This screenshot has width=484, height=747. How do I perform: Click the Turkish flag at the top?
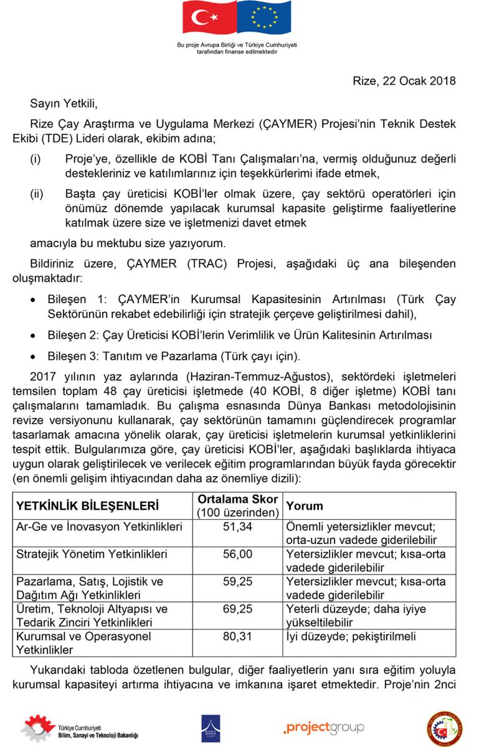(x=209, y=19)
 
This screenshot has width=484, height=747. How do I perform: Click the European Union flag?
(x=264, y=19)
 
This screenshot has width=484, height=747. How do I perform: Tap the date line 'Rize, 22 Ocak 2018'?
(x=404, y=81)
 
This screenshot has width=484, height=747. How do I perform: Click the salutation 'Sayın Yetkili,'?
(x=64, y=103)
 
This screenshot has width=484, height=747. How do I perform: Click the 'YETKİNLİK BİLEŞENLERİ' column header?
(x=88, y=505)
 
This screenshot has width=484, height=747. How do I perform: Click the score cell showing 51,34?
(x=237, y=527)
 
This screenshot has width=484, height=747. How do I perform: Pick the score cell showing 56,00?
(x=237, y=554)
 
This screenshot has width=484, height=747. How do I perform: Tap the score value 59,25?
(x=237, y=581)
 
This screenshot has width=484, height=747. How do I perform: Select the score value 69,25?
(x=237, y=609)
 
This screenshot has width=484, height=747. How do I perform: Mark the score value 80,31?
(x=237, y=636)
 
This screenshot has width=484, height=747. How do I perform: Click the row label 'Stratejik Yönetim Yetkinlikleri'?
(x=92, y=554)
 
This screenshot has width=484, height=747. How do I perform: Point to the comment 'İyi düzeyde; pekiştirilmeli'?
(x=351, y=636)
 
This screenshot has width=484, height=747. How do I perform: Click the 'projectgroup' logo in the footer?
(x=323, y=728)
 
